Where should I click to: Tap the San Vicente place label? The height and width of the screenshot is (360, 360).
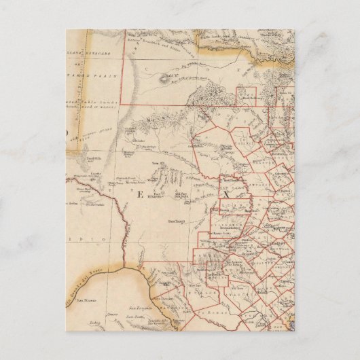point(87,298)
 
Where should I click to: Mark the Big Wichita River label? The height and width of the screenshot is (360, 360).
point(197,66)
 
